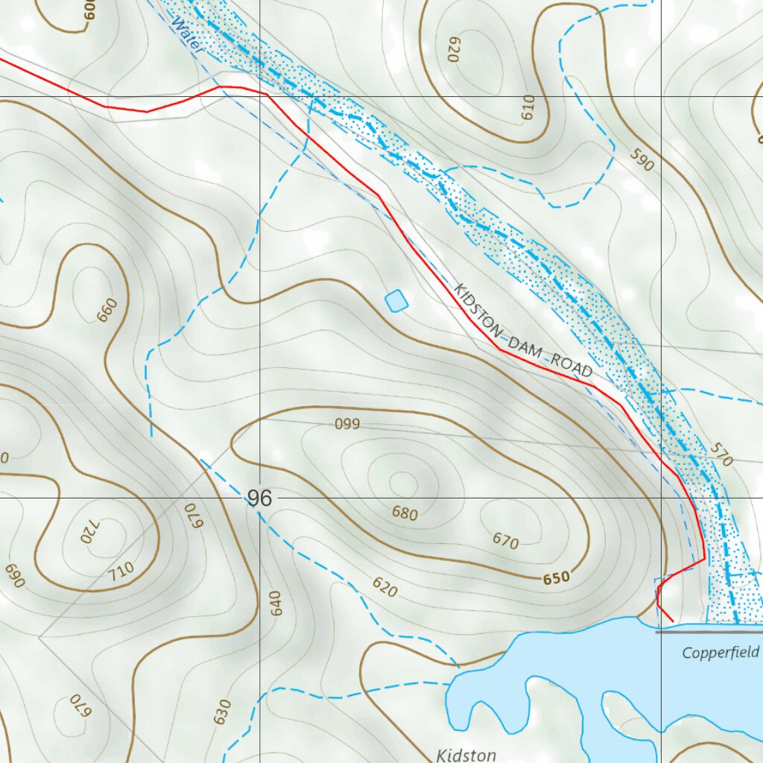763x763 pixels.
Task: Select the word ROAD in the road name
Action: point(572,366)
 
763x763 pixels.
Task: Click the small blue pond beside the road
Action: point(396,300)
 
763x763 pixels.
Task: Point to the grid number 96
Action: point(259,498)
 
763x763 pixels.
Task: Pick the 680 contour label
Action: point(405,513)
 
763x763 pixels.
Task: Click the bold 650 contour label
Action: point(557,577)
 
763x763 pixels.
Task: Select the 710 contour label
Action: point(120,570)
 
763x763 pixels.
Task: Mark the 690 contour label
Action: point(14,575)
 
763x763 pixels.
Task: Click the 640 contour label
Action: point(276,603)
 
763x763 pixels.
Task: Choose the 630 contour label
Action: point(221,712)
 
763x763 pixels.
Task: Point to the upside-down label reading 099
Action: point(347,425)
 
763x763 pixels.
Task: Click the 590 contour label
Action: point(642,159)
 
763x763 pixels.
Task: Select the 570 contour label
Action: point(721,455)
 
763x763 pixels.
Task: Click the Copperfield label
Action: point(721,653)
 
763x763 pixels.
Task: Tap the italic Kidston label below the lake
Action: point(466,755)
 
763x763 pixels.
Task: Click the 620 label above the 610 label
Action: point(454,48)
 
